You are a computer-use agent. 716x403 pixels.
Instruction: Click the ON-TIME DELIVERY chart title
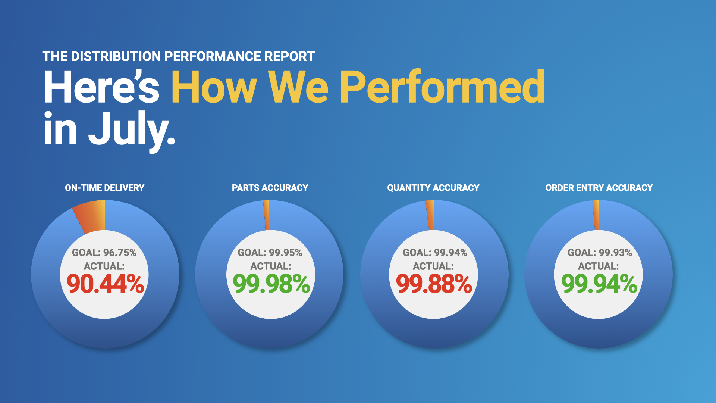click(x=104, y=188)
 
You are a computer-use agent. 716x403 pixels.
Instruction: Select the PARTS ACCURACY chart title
click(x=270, y=188)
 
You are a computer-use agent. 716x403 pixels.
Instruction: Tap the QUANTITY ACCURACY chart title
click(x=433, y=188)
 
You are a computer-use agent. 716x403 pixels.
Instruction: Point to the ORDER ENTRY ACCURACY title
click(x=599, y=188)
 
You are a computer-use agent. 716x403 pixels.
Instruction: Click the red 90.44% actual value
click(x=106, y=284)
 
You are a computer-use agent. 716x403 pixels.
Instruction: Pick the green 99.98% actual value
click(x=271, y=284)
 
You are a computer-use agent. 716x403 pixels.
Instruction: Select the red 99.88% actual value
click(x=434, y=284)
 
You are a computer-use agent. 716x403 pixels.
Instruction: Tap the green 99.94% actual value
click(x=599, y=284)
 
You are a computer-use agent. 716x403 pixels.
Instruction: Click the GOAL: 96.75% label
click(x=104, y=253)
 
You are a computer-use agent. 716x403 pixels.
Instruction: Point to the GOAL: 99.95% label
click(x=270, y=253)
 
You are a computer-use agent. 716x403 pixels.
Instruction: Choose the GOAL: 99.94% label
click(x=435, y=253)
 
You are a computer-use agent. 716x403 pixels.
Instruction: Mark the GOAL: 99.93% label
click(x=600, y=253)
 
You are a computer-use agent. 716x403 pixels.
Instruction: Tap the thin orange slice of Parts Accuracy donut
click(x=267, y=215)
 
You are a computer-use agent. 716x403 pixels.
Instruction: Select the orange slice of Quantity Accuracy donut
click(x=431, y=215)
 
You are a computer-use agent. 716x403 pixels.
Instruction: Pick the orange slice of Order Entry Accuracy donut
click(x=596, y=215)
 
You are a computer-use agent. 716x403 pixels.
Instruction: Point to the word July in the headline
click(x=132, y=129)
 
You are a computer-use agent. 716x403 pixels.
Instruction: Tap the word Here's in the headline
click(x=101, y=87)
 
